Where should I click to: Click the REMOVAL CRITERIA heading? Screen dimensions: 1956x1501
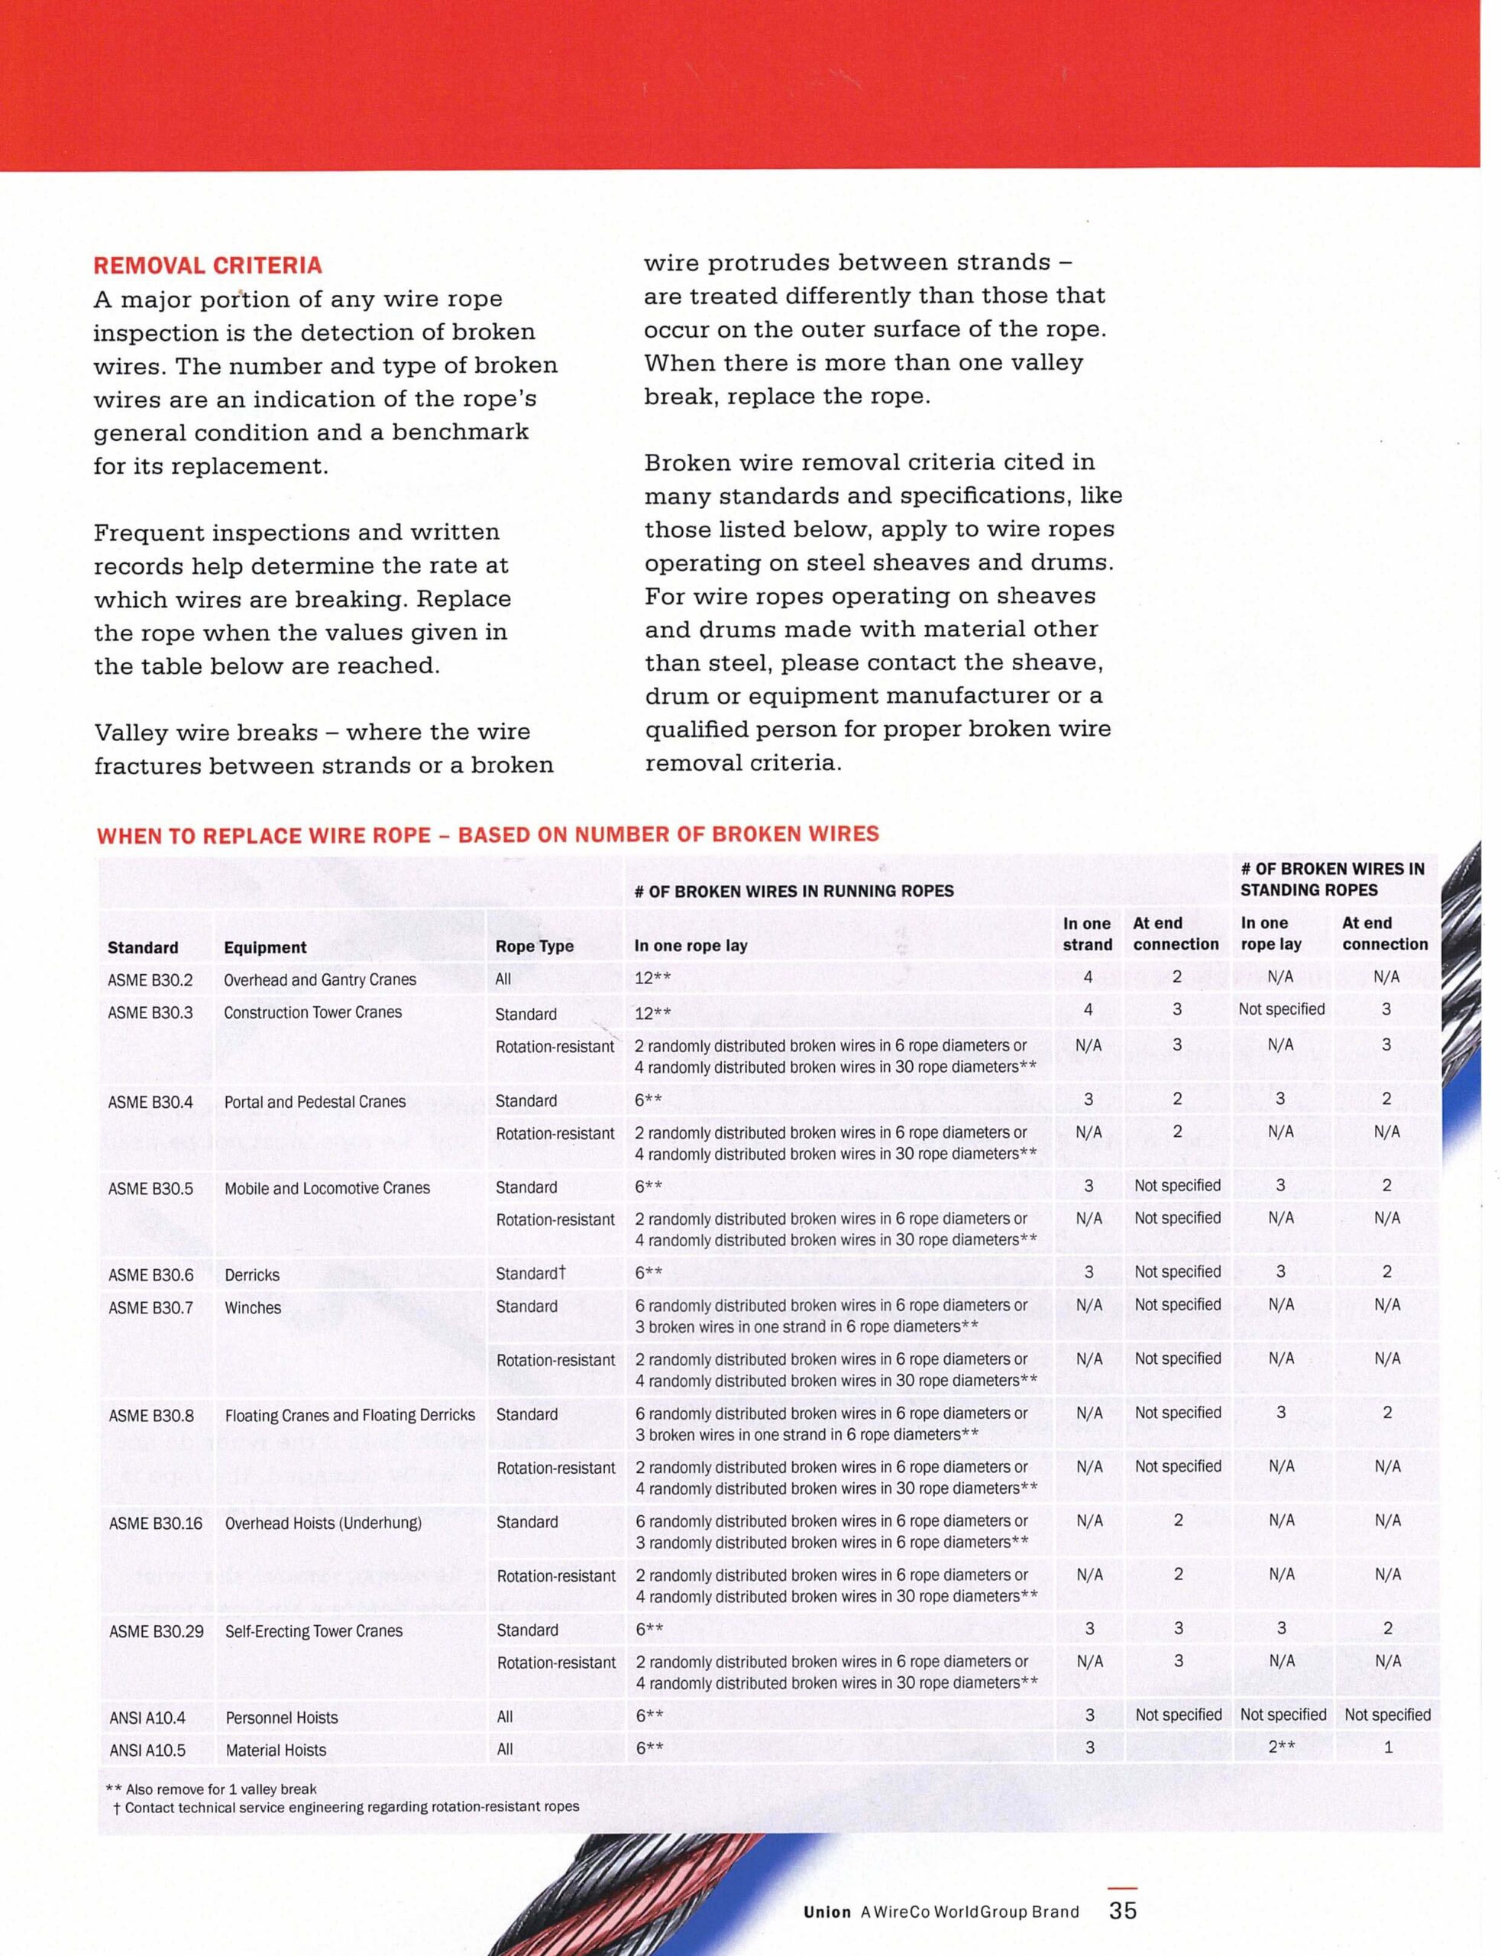click(x=207, y=265)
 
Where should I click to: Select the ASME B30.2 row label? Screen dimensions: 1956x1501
click(x=150, y=980)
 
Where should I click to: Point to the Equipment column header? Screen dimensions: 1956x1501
click(x=264, y=947)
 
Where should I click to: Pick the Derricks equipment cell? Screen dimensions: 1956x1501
click(x=252, y=1275)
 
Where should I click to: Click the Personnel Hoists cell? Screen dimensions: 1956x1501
click(x=281, y=1718)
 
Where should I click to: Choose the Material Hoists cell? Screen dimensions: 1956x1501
click(x=275, y=1750)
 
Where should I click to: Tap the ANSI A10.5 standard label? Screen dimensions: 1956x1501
click(x=147, y=1750)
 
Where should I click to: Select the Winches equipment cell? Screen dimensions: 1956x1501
click(x=253, y=1308)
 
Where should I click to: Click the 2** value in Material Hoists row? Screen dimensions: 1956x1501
click(x=1281, y=1748)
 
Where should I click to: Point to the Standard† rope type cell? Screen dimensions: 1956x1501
click(x=531, y=1274)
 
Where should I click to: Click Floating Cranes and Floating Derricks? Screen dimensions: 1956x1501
click(x=349, y=1415)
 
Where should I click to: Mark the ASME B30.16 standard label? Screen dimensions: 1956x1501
click(x=156, y=1523)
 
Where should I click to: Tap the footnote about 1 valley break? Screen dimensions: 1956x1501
click(x=211, y=1789)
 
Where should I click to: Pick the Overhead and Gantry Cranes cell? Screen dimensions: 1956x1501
click(x=320, y=980)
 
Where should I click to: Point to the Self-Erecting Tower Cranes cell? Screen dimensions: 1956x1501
click(x=314, y=1631)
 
